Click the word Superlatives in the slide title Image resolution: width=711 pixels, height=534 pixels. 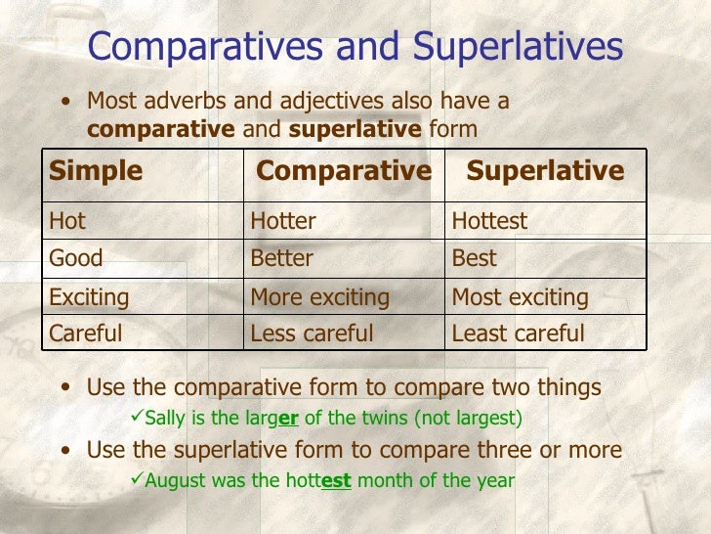518,46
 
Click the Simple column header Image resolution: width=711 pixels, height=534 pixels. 96,171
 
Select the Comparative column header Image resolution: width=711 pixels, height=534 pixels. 343,171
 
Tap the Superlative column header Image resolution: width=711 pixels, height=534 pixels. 545,171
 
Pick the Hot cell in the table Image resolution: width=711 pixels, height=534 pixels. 67,221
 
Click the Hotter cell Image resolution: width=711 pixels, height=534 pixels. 283,221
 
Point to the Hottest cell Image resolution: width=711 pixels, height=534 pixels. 489,221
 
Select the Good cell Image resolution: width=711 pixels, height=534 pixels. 76,258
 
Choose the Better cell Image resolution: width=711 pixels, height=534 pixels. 282,258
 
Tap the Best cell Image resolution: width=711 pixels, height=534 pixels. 474,258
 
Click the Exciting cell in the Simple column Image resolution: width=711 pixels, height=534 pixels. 89,296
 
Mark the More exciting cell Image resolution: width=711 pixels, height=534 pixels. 320,296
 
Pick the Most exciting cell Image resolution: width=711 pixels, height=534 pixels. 520,296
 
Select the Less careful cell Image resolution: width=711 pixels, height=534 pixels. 313,334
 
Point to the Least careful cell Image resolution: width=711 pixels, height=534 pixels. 518,334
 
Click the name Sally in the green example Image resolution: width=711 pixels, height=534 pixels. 163,419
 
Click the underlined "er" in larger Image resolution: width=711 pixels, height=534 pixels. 288,419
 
